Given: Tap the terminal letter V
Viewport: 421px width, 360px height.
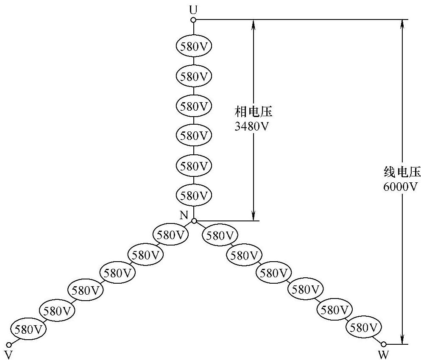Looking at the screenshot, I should [x=8, y=354].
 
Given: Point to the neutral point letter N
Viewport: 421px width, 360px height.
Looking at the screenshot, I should [x=184, y=215].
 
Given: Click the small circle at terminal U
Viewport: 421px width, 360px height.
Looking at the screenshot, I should [x=194, y=20].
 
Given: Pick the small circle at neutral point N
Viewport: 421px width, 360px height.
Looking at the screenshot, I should [x=194, y=221].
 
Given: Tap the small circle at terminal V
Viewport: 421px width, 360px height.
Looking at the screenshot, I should [x=8, y=344].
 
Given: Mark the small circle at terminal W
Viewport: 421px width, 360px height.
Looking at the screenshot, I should [x=384, y=344].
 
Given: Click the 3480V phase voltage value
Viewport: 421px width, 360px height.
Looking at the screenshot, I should [x=252, y=126].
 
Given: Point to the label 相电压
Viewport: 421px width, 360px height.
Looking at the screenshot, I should [x=253, y=112].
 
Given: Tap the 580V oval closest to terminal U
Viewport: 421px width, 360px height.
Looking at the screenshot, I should [x=194, y=46].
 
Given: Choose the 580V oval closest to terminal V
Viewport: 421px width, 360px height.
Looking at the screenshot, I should [x=28, y=329].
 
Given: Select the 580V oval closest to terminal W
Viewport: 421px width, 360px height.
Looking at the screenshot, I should [x=364, y=328].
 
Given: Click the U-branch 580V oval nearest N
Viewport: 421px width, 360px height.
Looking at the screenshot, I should [x=194, y=195].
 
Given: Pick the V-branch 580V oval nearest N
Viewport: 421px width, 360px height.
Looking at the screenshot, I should [x=170, y=235].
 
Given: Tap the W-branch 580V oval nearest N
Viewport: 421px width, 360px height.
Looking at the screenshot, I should [x=220, y=235].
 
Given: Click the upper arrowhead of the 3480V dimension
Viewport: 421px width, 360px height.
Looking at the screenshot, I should [x=253, y=24].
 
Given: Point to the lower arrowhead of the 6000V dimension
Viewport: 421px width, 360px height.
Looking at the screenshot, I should [x=401, y=340].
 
